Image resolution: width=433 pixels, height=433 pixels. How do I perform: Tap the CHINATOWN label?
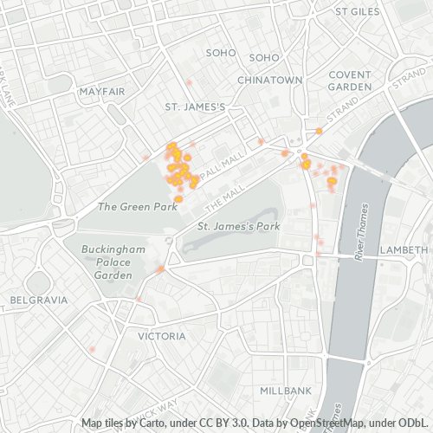click(270, 80)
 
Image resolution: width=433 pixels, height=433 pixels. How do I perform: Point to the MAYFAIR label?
click(103, 91)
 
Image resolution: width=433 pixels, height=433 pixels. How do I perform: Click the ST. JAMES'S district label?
click(195, 107)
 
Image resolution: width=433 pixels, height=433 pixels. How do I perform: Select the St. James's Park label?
click(238, 227)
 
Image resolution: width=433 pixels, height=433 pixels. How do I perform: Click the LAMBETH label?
click(404, 249)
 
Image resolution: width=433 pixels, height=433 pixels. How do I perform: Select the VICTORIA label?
click(162, 335)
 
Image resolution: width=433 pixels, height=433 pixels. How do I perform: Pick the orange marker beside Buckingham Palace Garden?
click(161, 269)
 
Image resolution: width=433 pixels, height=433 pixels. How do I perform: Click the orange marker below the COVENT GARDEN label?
click(319, 131)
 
